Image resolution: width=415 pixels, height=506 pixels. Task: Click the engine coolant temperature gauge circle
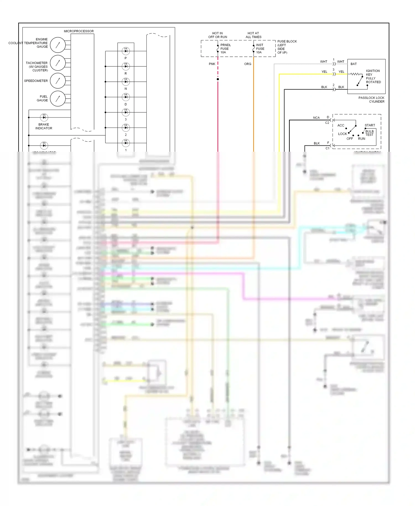pyautogui.click(x=58, y=45)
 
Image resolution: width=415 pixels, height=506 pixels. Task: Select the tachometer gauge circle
pyautogui.click(x=58, y=63)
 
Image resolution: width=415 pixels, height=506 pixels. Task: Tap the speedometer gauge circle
pyautogui.click(x=58, y=81)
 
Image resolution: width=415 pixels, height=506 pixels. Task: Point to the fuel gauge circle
pyautogui.click(x=58, y=98)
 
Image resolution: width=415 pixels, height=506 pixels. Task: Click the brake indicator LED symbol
pyautogui.click(x=44, y=117)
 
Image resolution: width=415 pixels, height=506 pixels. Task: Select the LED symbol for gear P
pyautogui.click(x=126, y=51)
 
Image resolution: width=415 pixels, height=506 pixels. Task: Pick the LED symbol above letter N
pyautogui.click(x=126, y=82)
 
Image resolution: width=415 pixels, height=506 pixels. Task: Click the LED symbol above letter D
pyautogui.click(x=126, y=97)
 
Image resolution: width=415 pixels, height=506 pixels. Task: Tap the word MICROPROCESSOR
pyautogui.click(x=79, y=31)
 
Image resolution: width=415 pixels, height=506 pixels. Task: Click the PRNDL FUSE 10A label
pyautogui.click(x=225, y=49)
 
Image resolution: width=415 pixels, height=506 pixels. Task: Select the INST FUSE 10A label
pyautogui.click(x=260, y=49)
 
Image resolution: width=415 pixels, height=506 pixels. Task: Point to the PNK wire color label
pyautogui.click(x=212, y=64)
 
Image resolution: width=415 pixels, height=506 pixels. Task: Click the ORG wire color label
pyautogui.click(x=248, y=64)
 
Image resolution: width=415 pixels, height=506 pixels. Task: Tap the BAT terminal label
pyautogui.click(x=354, y=64)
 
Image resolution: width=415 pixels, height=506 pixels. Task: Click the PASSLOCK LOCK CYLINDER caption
pyautogui.click(x=371, y=100)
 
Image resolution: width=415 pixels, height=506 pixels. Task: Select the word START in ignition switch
pyautogui.click(x=370, y=125)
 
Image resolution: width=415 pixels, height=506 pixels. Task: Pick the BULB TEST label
pyautogui.click(x=369, y=133)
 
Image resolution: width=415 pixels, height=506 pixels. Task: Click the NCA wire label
pyautogui.click(x=316, y=118)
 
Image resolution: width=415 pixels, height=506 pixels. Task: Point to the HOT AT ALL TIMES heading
pyautogui.click(x=253, y=35)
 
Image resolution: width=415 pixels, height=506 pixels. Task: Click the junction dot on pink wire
pyautogui.click(x=218, y=79)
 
